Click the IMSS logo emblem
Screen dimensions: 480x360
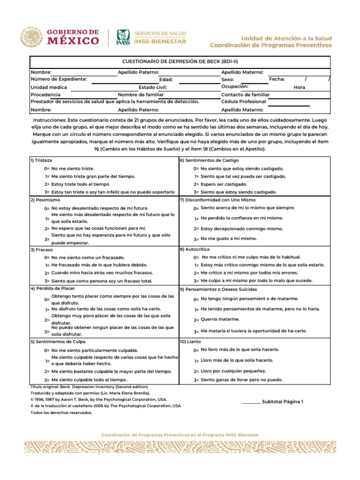pyautogui.click(x=123, y=37)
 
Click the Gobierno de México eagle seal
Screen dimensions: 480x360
pyautogui.click(x=31, y=38)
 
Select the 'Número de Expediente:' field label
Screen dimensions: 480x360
pyautogui.click(x=59, y=79)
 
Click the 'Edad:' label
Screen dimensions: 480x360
pyautogui.click(x=166, y=80)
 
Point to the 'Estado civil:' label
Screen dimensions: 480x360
pyautogui.click(x=153, y=87)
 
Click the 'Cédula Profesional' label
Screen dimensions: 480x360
pyautogui.click(x=243, y=102)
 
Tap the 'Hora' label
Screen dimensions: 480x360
pyautogui.click(x=299, y=87)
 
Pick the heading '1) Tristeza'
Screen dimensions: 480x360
pyautogui.click(x=41, y=160)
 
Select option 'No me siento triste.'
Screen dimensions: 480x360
pyautogui.click(x=73, y=168)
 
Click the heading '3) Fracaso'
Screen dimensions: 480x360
pyautogui.click(x=41, y=250)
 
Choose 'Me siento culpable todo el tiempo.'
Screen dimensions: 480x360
pyautogui.click(x=90, y=380)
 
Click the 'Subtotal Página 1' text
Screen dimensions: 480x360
pyautogui.click(x=282, y=402)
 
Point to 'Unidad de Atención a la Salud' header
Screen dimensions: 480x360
pyautogui.click(x=286, y=38)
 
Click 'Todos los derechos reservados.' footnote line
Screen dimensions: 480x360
pyautogui.click(x=61, y=412)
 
